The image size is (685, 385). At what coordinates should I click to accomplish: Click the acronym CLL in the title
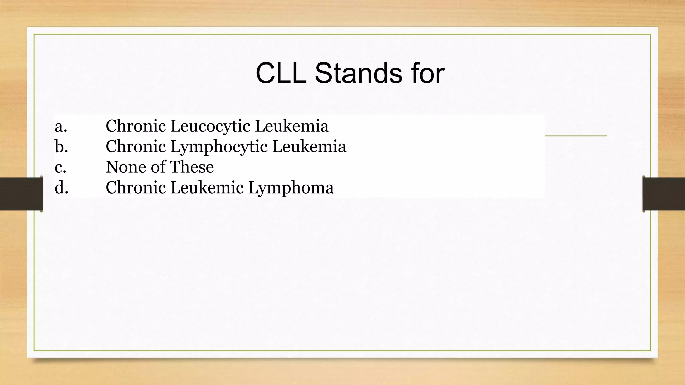tap(281, 73)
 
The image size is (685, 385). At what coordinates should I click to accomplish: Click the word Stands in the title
tap(358, 73)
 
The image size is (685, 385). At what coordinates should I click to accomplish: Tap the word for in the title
tap(428, 73)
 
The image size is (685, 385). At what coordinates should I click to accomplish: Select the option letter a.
tap(61, 126)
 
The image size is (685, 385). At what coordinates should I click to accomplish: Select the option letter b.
tap(61, 147)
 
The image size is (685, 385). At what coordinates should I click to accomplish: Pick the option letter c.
tap(60, 167)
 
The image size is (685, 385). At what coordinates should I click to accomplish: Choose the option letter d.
tap(61, 187)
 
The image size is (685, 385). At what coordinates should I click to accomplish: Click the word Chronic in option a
tap(135, 126)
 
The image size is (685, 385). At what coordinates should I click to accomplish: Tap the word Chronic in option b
tap(135, 147)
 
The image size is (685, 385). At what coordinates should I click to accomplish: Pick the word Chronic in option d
tap(135, 187)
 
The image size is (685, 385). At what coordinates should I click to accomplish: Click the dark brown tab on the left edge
tap(21, 194)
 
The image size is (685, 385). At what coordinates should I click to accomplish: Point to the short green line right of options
tap(575, 136)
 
